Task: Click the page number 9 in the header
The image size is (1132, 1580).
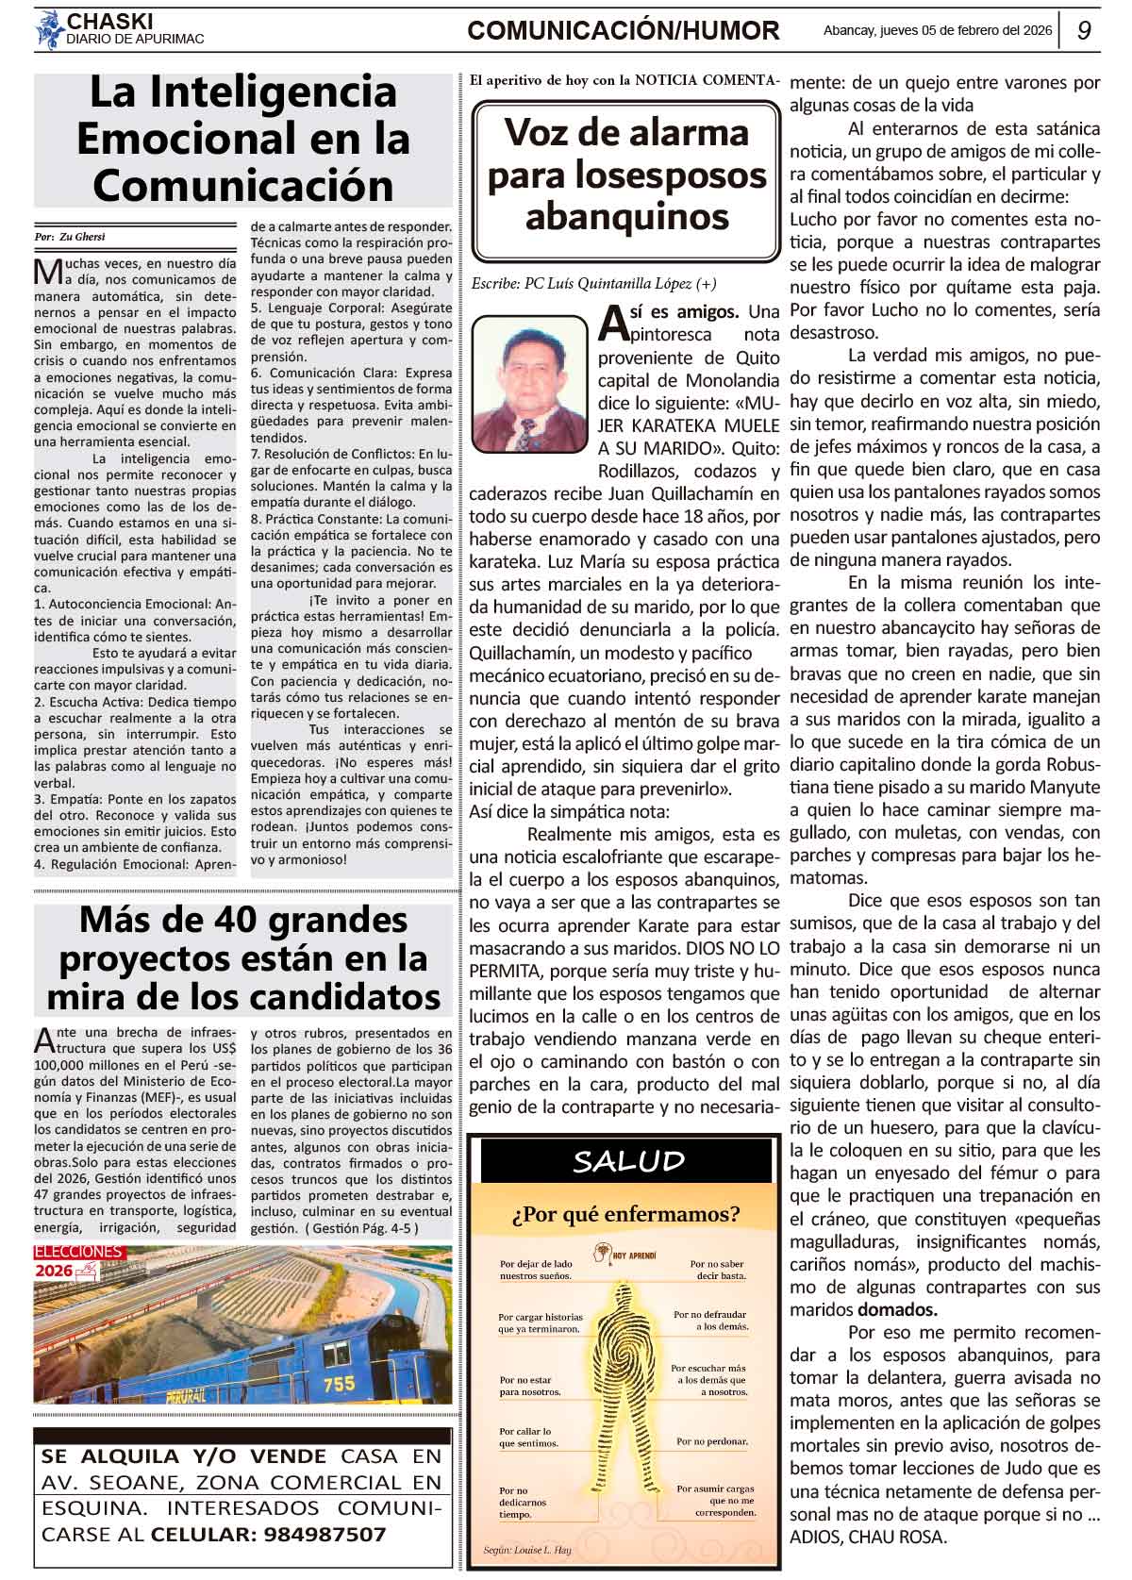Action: pyautogui.click(x=1085, y=30)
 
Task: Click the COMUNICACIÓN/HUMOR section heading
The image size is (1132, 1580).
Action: pyautogui.click(x=624, y=31)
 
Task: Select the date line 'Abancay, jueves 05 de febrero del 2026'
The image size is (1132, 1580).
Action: pyautogui.click(x=937, y=30)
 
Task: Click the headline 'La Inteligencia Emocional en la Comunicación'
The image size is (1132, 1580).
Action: pyautogui.click(x=242, y=139)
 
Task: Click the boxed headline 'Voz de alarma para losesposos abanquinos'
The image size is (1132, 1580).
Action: pyautogui.click(x=627, y=175)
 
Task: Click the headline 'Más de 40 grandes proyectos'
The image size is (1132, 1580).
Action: pyautogui.click(x=243, y=957)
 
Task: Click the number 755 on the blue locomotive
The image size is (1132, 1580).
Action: pyautogui.click(x=339, y=1384)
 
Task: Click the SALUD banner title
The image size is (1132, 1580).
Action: pyautogui.click(x=628, y=1161)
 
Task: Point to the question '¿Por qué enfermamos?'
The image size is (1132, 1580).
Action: pyautogui.click(x=626, y=1213)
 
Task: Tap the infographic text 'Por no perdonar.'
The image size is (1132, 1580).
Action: pyautogui.click(x=711, y=1441)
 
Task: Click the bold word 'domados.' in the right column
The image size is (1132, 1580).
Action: pyautogui.click(x=897, y=1309)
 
